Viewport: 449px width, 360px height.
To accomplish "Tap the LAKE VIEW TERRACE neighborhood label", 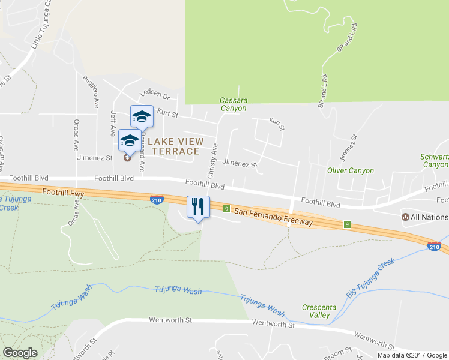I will click(x=172, y=146).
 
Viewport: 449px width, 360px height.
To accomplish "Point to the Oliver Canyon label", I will click(x=351, y=170).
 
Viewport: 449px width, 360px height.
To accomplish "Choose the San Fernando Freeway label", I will click(x=273, y=217).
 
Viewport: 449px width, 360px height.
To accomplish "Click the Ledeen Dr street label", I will click(x=155, y=95).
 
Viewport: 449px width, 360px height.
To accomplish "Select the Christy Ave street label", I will click(x=212, y=160).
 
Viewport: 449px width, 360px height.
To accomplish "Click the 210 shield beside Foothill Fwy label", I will click(x=156, y=200).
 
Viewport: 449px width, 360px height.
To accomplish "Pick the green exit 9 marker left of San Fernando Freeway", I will click(x=226, y=208).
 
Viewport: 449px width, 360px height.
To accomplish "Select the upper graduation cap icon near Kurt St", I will click(x=142, y=116).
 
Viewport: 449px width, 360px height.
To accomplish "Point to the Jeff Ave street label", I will click(x=112, y=122).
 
